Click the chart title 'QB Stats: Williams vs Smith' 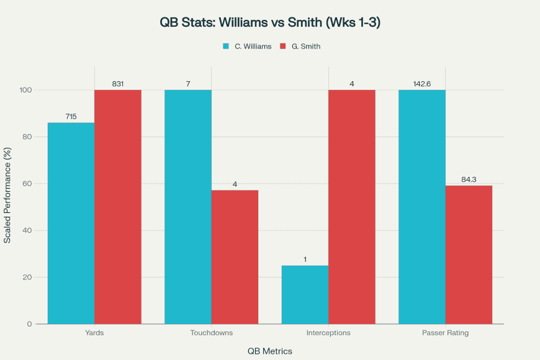[x=269, y=22]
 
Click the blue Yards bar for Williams [x=71, y=223]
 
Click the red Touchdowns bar [x=235, y=257]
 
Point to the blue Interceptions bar [x=305, y=295]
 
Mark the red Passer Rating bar [x=469, y=254]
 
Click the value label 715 [x=71, y=117]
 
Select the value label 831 [x=118, y=84]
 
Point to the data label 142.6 [x=421, y=84]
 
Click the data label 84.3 [x=469, y=179]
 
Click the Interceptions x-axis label [x=328, y=333]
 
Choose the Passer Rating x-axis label [x=445, y=333]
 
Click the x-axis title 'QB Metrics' [x=269, y=351]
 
